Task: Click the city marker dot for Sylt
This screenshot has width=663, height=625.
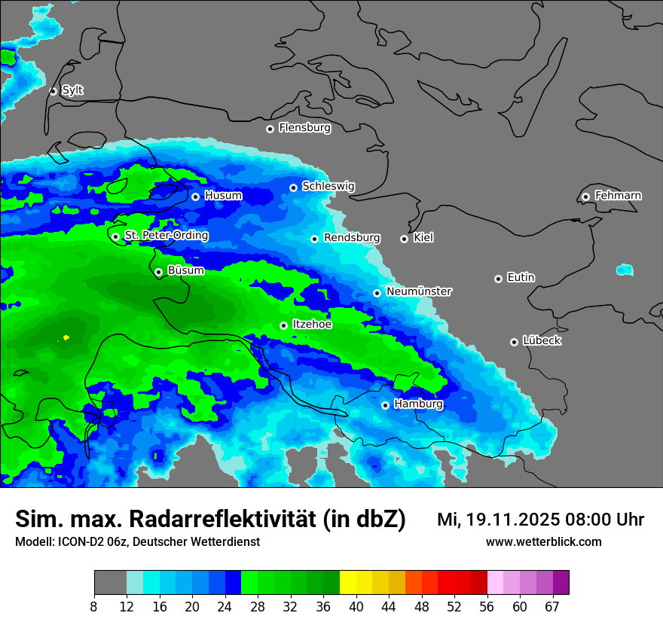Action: point(53,91)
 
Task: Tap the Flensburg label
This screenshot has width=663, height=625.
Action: point(304,128)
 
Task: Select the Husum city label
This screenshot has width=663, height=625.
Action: point(223,196)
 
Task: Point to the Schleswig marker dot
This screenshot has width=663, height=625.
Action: point(294,187)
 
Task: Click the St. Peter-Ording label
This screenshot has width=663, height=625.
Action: point(166,236)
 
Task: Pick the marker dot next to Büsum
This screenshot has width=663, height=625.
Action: point(158,272)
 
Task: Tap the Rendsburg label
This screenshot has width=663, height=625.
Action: point(351,238)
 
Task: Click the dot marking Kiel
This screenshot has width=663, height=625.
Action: point(405,239)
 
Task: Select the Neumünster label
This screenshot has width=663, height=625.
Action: point(419,291)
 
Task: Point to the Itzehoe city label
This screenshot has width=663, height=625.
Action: point(311,325)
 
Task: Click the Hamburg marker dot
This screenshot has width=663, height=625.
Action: point(386,405)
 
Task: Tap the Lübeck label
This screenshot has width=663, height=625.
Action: point(541,341)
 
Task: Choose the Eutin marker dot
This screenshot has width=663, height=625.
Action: point(498,279)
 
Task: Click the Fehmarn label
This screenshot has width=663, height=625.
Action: point(618,196)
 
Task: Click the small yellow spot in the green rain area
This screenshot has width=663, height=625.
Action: point(66,337)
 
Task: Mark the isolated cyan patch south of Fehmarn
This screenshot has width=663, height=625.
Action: point(624,270)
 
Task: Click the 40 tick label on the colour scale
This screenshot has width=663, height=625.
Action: point(356,607)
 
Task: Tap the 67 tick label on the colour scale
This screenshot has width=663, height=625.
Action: point(552,607)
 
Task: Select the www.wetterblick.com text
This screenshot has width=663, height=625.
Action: point(543,541)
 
